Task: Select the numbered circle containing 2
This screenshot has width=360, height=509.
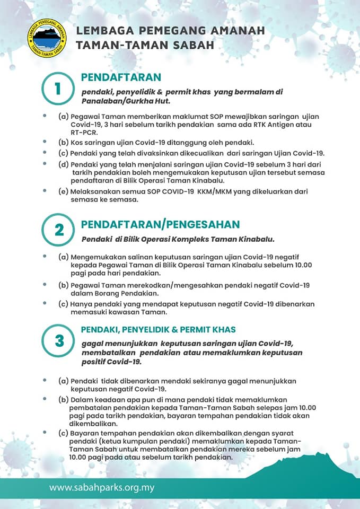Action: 58,230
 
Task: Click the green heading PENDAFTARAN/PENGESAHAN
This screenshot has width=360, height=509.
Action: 160,224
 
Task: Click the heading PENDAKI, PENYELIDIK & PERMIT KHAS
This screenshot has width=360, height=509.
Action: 158,329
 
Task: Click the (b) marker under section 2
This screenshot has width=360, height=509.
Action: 63,285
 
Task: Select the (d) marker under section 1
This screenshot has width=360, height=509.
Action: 63,164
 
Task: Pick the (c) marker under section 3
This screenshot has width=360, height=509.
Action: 63,433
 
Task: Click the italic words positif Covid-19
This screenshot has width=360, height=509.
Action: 111,362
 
